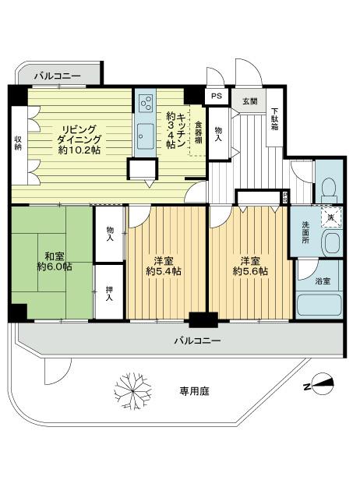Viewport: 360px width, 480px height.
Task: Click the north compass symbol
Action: point(319,385)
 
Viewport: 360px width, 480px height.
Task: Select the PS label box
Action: point(216,96)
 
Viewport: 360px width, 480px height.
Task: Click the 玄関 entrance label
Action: point(249,102)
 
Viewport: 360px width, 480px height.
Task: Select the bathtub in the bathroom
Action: point(319,305)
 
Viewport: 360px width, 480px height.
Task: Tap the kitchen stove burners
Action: point(146,102)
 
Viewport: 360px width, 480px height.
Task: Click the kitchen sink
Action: point(146,132)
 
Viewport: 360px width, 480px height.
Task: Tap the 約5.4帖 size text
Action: point(164,271)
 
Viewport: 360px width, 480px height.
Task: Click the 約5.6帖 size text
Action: point(250,271)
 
